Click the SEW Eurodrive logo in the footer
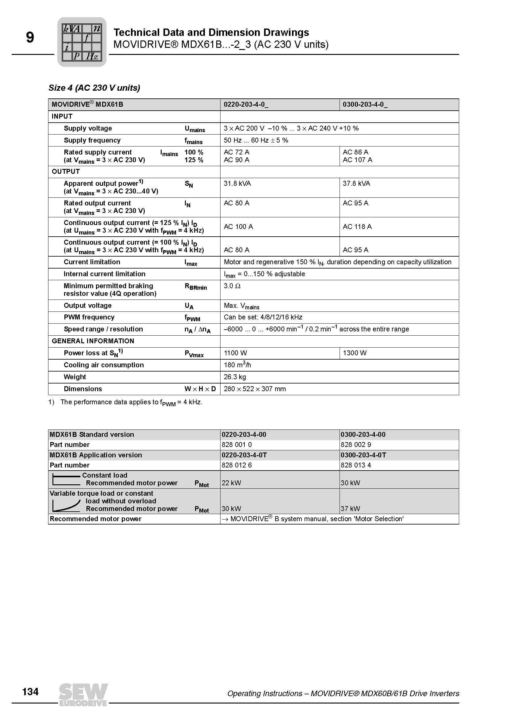[x=83, y=695]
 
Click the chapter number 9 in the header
[x=30, y=38]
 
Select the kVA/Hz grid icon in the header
[x=82, y=42]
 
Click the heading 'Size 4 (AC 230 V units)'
[x=94, y=88]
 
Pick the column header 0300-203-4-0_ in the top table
[x=365, y=105]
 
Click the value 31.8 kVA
[x=237, y=184]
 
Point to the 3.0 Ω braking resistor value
[x=232, y=286]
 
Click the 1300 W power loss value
[x=355, y=353]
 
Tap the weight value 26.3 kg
[x=235, y=377]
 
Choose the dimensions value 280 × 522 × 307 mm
[x=255, y=389]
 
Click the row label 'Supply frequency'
[x=92, y=140]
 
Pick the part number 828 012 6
[x=236, y=465]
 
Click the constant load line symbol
[x=66, y=480]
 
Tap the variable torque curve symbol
[x=66, y=505]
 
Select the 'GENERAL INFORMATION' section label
[x=93, y=341]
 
